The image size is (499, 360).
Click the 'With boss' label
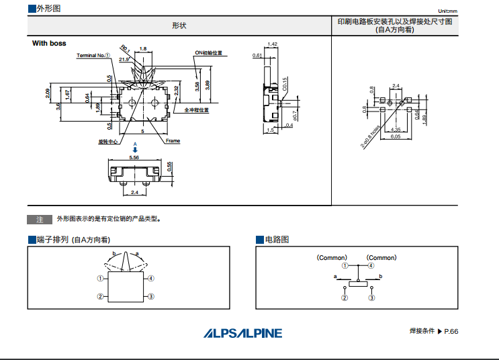pos(49,43)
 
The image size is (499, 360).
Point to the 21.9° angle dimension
pos(124,60)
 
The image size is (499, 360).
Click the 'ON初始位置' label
pos(209,52)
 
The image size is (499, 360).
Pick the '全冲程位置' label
pos(196,110)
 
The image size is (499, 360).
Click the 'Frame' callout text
pos(173,141)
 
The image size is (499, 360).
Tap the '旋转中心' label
pos(108,142)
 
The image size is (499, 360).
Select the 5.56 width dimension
pos(134,157)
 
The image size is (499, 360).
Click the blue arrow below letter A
pos(135,149)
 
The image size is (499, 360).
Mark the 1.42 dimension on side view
pos(272,44)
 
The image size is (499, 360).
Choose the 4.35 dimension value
pos(396,129)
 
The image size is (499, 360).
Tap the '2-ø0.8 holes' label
pos(371,134)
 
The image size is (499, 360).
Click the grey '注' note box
pos(40,220)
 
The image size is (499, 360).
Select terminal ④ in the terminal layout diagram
pos(152,278)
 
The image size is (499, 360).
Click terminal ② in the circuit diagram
pos(345,298)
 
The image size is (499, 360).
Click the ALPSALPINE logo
pos(243,332)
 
